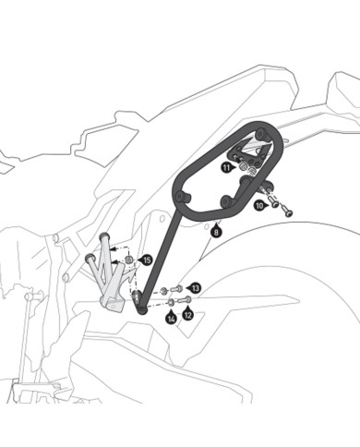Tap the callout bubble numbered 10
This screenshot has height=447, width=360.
coord(259,205)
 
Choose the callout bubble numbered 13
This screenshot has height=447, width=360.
coord(195,289)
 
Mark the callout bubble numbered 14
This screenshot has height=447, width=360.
coord(171,319)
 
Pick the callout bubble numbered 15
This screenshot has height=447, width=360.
coord(147,261)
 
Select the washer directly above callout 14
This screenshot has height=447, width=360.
coord(172,302)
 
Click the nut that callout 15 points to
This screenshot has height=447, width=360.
coord(129,258)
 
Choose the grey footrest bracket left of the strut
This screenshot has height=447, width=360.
coord(110,277)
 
